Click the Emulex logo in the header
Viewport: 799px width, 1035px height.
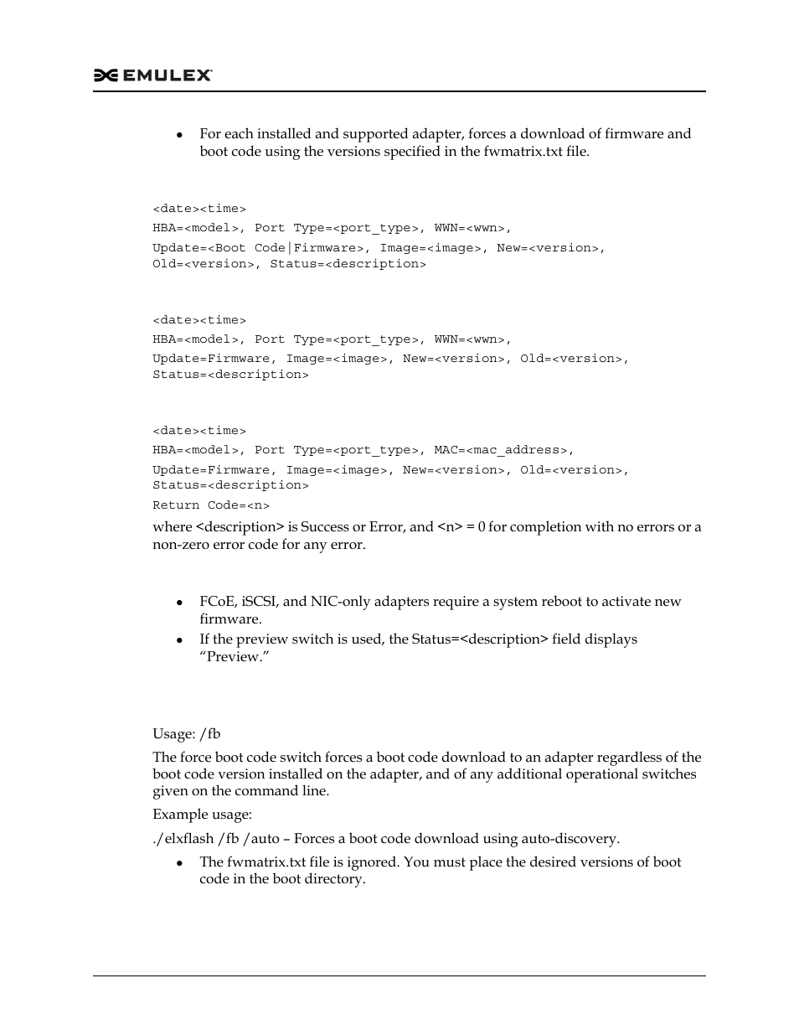pyautogui.click(x=153, y=75)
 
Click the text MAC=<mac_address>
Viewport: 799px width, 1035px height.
pyautogui.click(x=504, y=450)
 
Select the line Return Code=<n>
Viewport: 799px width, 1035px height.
pyautogui.click(x=211, y=505)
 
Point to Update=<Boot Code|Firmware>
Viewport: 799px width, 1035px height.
pyautogui.click(x=260, y=248)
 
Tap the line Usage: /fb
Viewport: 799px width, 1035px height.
pyautogui.click(x=187, y=734)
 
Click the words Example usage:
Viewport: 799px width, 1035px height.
pyautogui.click(x=202, y=815)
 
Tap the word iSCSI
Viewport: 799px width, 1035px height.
pyautogui.click(x=260, y=602)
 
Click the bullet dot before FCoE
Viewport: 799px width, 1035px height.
pyautogui.click(x=179, y=603)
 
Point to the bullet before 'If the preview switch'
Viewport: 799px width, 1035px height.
pyautogui.click(x=179, y=640)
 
